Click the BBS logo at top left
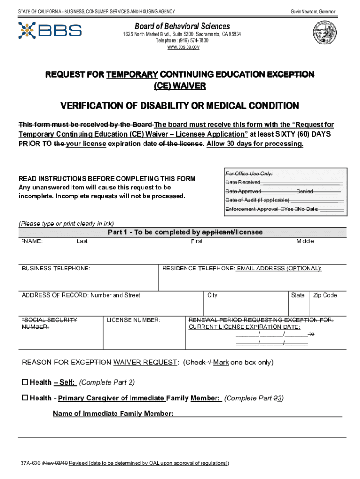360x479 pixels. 50,30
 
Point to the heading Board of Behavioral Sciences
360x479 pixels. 182,26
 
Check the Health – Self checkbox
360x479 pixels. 25,383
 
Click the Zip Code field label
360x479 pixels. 325,295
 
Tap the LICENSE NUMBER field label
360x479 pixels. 133,320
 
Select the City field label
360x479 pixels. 212,295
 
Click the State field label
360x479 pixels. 298,295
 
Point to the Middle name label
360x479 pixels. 305,241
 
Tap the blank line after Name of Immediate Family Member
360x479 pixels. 258,414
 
